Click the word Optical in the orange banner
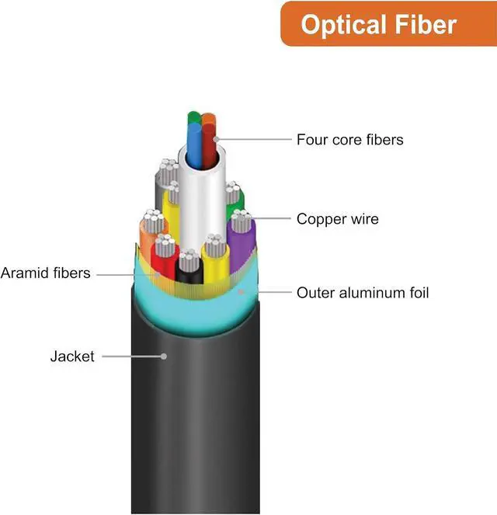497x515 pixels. click(x=344, y=25)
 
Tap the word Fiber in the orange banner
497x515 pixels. click(x=426, y=24)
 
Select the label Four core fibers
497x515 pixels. click(x=350, y=140)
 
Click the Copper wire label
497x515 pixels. click(x=338, y=219)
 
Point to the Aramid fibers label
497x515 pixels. click(x=46, y=273)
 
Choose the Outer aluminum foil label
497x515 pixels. click(x=363, y=293)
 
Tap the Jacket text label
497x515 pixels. click(x=72, y=357)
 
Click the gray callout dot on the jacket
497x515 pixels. click(x=164, y=357)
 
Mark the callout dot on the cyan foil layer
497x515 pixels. click(x=242, y=291)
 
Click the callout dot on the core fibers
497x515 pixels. click(x=217, y=139)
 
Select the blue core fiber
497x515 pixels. click(x=193, y=146)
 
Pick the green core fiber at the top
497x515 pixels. click(x=193, y=118)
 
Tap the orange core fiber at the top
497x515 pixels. click(x=209, y=119)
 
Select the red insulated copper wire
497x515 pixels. click(x=164, y=258)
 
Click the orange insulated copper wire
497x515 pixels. click(x=148, y=236)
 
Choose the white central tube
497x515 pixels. click(x=202, y=197)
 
